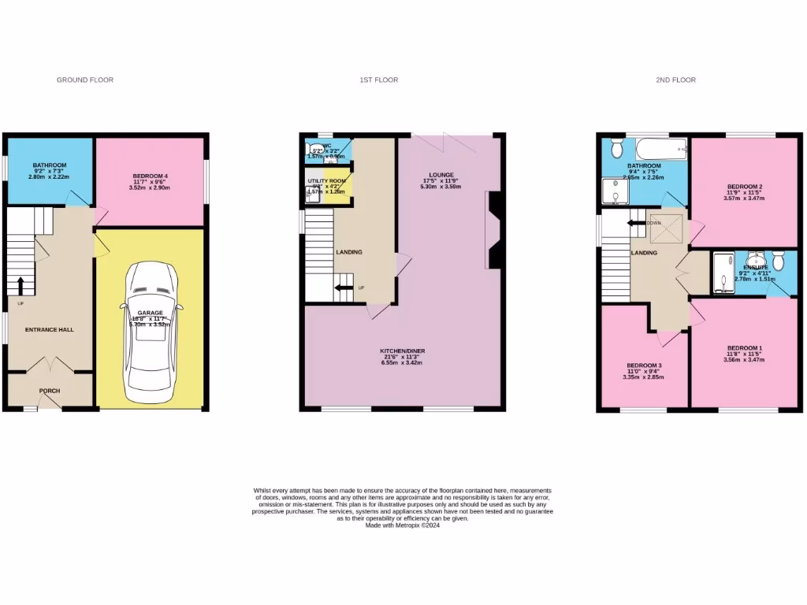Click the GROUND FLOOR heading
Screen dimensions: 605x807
(x=85, y=80)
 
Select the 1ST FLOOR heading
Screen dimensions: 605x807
(x=378, y=80)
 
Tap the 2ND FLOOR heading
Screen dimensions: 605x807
(x=675, y=80)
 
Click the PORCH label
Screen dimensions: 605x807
(x=49, y=391)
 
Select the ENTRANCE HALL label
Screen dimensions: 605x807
(x=49, y=329)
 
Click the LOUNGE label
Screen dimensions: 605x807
(x=441, y=175)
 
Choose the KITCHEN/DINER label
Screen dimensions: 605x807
(x=403, y=351)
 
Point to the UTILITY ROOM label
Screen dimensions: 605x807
(x=326, y=181)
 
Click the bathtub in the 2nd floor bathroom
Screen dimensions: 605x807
(x=660, y=147)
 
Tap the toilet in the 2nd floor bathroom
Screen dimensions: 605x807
(x=617, y=147)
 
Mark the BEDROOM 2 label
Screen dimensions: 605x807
(x=745, y=187)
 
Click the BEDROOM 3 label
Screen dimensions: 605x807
(x=643, y=366)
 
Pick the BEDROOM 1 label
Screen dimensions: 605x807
(x=744, y=348)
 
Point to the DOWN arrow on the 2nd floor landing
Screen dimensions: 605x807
(x=636, y=223)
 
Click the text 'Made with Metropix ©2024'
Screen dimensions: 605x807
(x=403, y=525)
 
